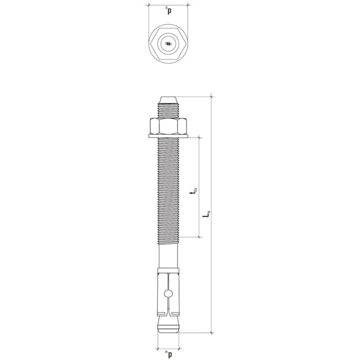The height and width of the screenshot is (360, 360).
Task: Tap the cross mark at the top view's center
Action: click(x=169, y=44)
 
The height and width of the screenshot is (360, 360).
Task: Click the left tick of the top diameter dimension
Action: click(x=148, y=5)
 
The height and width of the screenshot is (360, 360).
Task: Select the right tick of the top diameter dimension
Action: click(x=189, y=5)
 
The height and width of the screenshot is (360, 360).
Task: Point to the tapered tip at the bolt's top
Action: click(x=169, y=100)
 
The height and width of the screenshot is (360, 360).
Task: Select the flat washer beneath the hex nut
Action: click(x=169, y=137)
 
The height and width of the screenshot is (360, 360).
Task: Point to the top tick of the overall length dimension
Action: click(x=213, y=97)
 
